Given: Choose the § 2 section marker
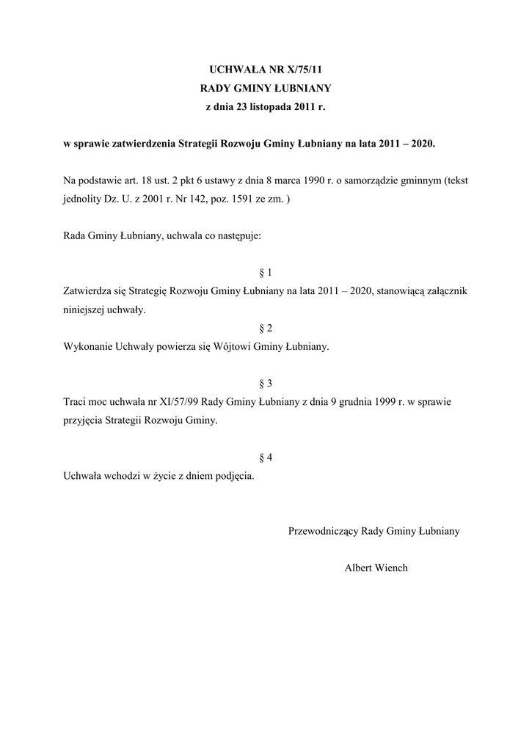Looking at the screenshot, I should tap(266, 328).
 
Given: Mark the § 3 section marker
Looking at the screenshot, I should tap(266, 384).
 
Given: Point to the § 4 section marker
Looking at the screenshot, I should tap(266, 458).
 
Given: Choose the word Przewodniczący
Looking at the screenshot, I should tap(324, 531).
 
